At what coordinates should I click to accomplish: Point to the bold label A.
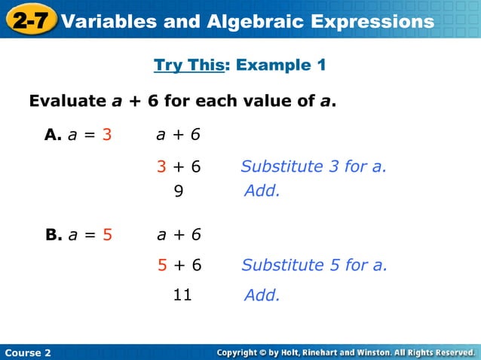pos(53,135)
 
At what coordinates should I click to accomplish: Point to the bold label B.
pos(53,234)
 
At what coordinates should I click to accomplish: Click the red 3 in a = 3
pos(107,135)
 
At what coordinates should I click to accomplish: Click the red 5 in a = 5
pos(107,234)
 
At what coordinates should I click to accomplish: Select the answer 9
pos(179,191)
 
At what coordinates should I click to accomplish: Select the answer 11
pos(182,294)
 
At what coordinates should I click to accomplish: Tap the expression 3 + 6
pos(179,166)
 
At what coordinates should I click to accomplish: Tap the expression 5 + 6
pos(179,264)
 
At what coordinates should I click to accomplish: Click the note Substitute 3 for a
pos(313,166)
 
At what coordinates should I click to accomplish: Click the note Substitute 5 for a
pos(314,264)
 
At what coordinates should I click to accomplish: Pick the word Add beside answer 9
pos(262,191)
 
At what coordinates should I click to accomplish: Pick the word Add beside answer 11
pos(262,295)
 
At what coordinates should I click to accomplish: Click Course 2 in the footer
pos(27,352)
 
